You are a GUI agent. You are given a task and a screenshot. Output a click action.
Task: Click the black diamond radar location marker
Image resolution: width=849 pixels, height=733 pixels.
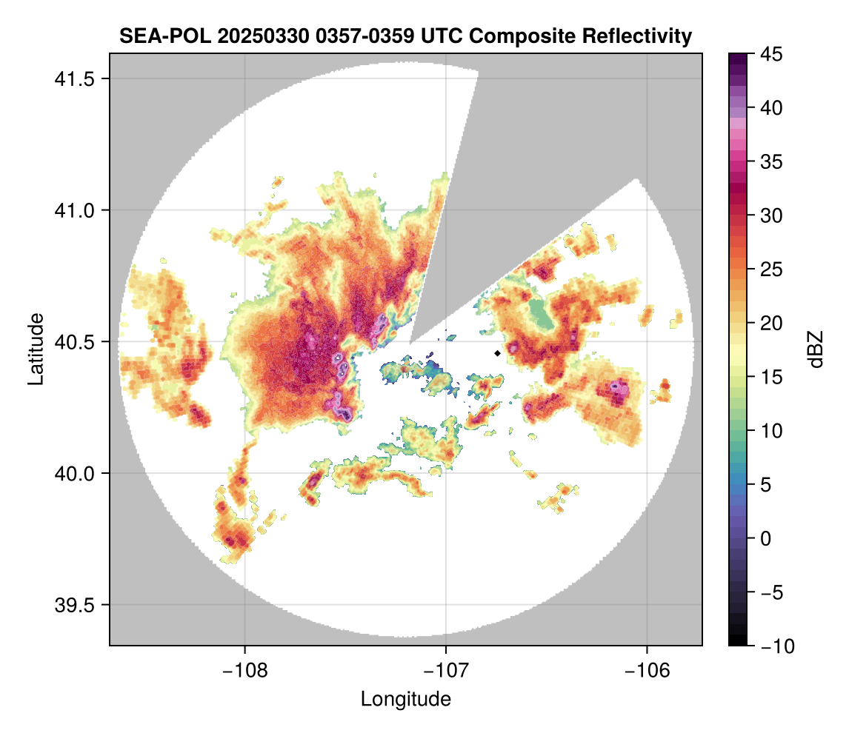click(x=497, y=353)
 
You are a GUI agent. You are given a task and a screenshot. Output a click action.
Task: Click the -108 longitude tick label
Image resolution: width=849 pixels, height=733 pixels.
click(x=244, y=670)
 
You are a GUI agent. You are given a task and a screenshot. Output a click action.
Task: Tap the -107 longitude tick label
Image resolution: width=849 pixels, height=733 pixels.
click(x=446, y=670)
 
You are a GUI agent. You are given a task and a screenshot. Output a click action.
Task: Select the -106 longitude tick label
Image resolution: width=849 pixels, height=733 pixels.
click(x=647, y=670)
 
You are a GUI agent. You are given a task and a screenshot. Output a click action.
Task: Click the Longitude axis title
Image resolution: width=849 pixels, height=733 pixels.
click(x=405, y=698)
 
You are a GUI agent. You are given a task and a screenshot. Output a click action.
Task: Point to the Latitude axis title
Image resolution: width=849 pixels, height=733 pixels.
click(x=36, y=349)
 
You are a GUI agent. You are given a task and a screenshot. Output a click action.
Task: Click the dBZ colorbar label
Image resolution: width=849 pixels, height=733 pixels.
click(x=816, y=349)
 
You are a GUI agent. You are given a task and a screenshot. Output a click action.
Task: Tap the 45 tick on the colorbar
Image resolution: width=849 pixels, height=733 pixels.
click(x=773, y=54)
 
